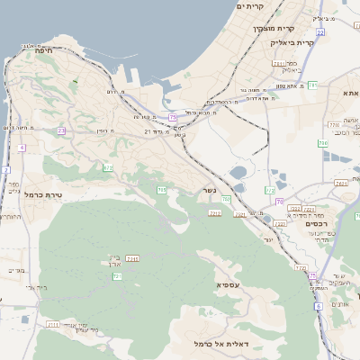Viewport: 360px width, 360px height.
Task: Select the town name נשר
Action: pyautogui.click(x=209, y=191)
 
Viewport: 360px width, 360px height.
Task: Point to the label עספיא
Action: pyautogui.click(x=229, y=284)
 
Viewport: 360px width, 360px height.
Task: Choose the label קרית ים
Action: pyautogui.click(x=254, y=6)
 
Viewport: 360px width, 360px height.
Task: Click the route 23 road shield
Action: pyautogui.click(x=61, y=131)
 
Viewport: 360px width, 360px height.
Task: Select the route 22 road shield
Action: pyautogui.click(x=320, y=32)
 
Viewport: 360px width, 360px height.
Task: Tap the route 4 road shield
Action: pyautogui.click(x=21, y=147)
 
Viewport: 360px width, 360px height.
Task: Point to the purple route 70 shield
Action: pyautogui.click(x=280, y=201)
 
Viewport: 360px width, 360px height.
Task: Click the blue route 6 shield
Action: pyautogui.click(x=319, y=307)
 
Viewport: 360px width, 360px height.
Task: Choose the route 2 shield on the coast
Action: pyautogui.click(x=4, y=169)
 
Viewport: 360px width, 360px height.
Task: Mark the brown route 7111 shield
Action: pyautogui.click(x=52, y=325)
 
